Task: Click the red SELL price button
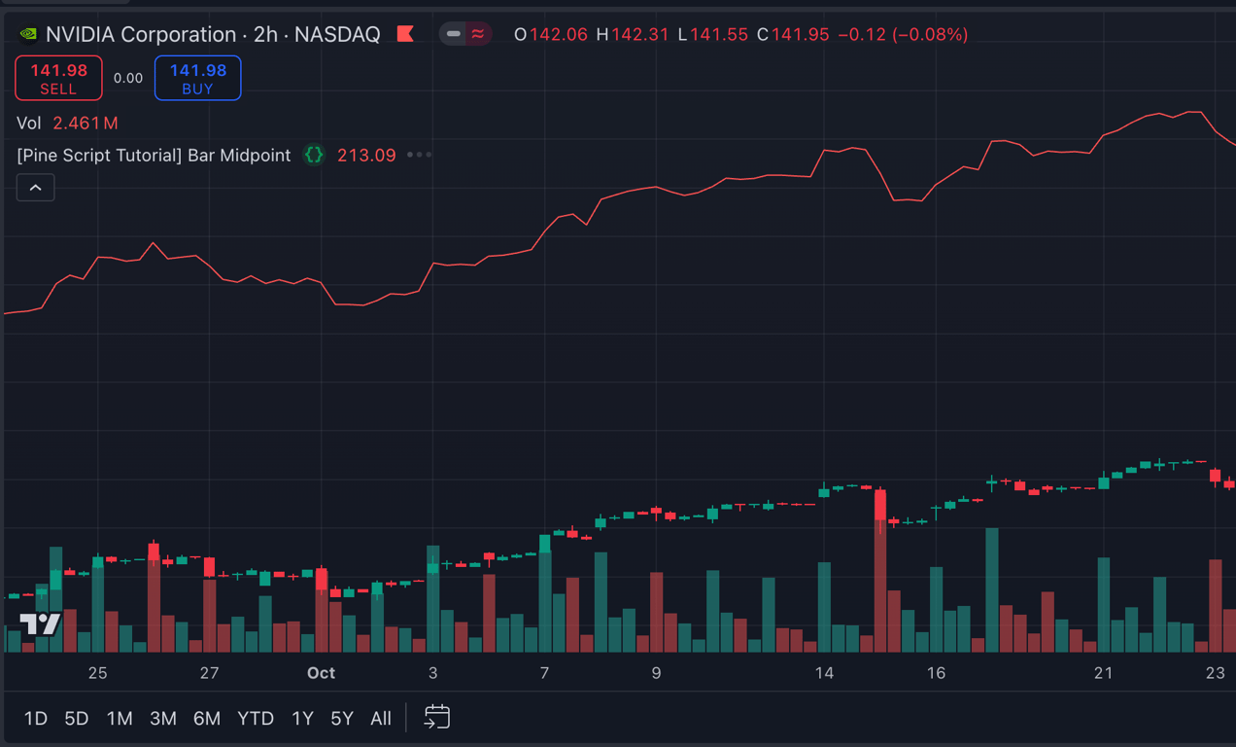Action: point(58,78)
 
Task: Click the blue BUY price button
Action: point(197,78)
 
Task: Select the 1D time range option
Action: point(36,718)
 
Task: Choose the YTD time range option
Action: point(256,718)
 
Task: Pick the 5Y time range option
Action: point(342,718)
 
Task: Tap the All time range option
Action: point(381,718)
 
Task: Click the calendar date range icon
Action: point(437,717)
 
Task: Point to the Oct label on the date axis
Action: point(321,673)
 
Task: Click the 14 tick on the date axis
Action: point(824,673)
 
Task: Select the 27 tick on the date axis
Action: point(209,673)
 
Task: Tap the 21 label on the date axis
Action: point(1103,673)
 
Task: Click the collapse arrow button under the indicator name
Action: point(36,188)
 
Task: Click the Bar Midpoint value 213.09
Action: point(366,156)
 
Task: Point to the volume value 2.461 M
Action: point(86,124)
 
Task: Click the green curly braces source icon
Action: point(314,155)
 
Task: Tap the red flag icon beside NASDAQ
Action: point(405,34)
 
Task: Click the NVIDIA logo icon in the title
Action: point(28,34)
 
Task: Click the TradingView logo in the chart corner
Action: point(41,623)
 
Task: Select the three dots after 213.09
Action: point(419,155)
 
